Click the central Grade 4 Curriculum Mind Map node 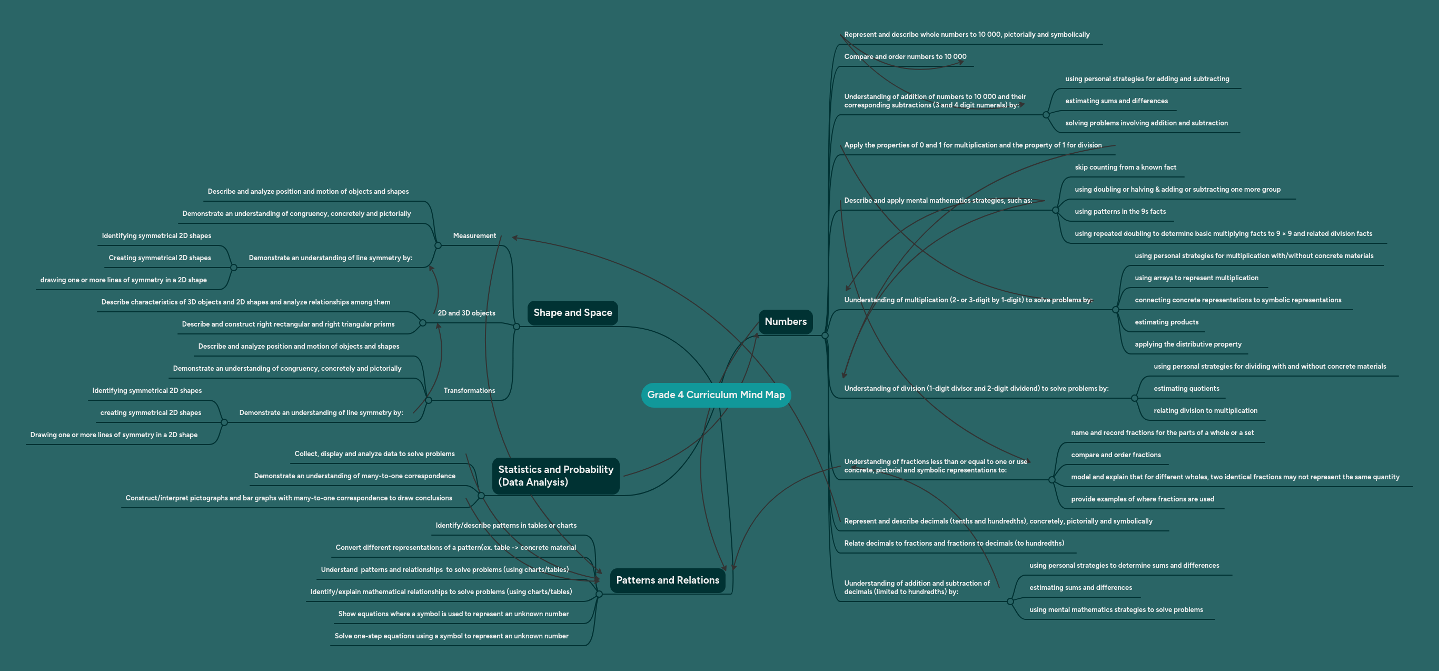click(x=716, y=395)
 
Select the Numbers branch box click(x=785, y=322)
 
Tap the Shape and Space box click(x=572, y=313)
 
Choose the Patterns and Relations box click(x=667, y=580)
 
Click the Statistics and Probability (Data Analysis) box click(x=555, y=476)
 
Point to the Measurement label click(x=474, y=236)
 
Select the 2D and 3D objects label click(x=466, y=313)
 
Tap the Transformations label click(x=469, y=390)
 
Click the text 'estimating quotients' click(x=1186, y=389)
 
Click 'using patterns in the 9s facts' click(x=1119, y=212)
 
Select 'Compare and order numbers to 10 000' click(x=905, y=57)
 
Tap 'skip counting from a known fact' click(x=1125, y=167)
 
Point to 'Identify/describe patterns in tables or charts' click(x=505, y=526)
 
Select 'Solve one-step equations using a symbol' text click(x=451, y=636)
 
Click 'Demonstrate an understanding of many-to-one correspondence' click(x=354, y=476)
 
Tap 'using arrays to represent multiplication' click(x=1196, y=278)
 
